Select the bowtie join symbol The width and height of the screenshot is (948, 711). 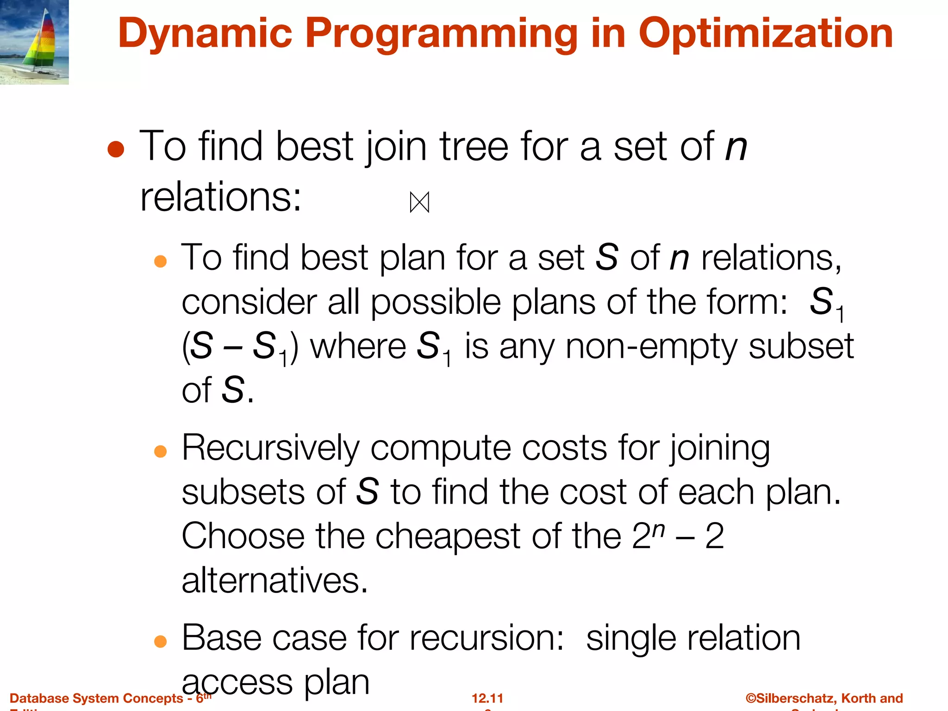pos(419,202)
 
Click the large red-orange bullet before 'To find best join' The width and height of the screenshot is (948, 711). pos(116,150)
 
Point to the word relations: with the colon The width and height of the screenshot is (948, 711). pos(221,197)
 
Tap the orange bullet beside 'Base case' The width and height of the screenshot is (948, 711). pos(160,641)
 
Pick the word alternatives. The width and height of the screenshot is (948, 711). pos(274,580)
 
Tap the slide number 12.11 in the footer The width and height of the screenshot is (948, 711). pos(487,698)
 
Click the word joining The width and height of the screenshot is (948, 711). pos(719,448)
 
